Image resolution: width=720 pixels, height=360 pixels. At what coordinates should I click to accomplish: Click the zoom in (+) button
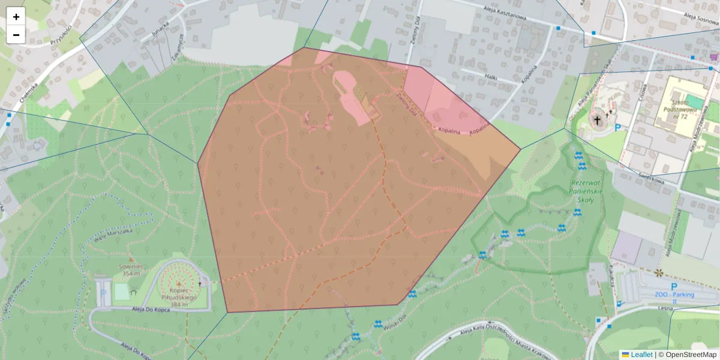(x=16, y=17)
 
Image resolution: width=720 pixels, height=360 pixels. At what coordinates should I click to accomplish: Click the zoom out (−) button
(x=16, y=35)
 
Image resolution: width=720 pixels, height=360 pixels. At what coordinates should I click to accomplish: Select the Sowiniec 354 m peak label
(x=130, y=270)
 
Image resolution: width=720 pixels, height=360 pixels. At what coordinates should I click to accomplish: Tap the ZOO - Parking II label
(x=674, y=294)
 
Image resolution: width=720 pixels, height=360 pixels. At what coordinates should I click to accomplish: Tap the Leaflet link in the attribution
(x=641, y=355)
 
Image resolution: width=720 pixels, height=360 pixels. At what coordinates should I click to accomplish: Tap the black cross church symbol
(x=597, y=120)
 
